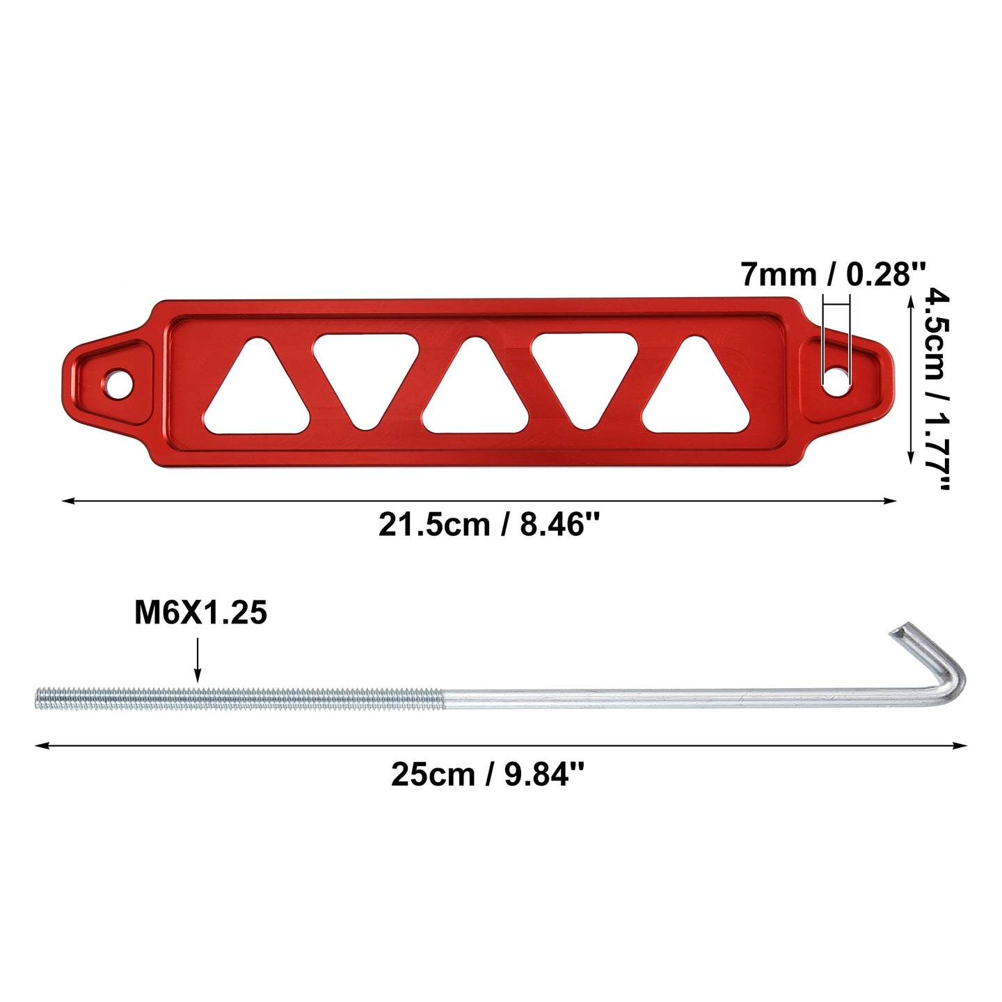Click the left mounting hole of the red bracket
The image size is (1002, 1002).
tap(119, 384)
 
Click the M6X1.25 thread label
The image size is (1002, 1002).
tap(200, 612)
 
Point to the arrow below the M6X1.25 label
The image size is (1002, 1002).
tap(197, 660)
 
